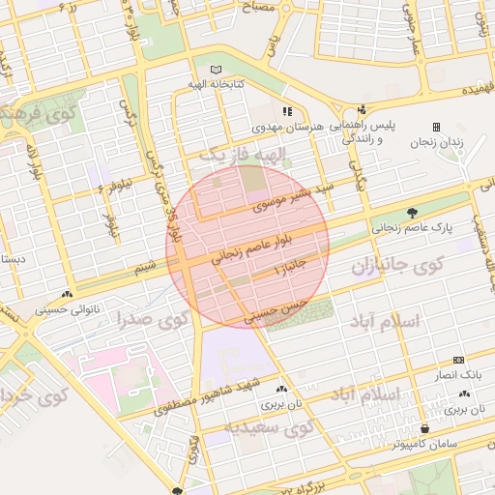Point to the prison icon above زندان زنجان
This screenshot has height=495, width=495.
(x=436, y=126)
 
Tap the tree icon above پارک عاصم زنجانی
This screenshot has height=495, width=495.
(x=413, y=213)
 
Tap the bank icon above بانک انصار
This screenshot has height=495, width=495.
(x=458, y=360)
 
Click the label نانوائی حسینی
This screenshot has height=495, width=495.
(x=66, y=309)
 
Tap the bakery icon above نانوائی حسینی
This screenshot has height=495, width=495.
(x=66, y=295)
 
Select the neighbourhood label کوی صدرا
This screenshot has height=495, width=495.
(x=152, y=319)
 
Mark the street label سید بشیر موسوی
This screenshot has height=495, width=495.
(x=293, y=195)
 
